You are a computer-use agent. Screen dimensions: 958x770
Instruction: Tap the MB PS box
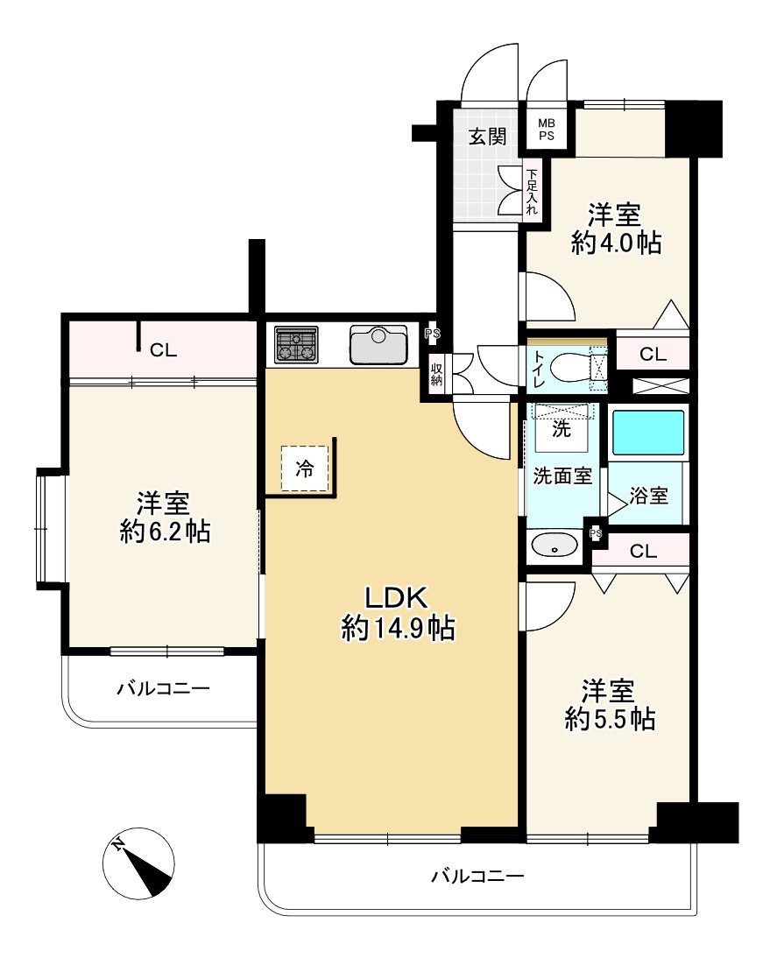point(546,130)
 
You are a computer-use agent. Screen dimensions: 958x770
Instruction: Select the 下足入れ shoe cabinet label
point(532,193)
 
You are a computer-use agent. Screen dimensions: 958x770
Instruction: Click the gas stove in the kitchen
point(296,345)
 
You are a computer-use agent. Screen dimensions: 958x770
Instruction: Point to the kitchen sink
point(378,344)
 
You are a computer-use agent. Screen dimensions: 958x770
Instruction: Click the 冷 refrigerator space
point(304,468)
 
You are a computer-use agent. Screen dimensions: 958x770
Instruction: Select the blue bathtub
point(648,433)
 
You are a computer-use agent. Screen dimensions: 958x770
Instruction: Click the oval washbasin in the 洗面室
point(555,546)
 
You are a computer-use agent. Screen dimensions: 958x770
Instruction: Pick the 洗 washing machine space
point(560,427)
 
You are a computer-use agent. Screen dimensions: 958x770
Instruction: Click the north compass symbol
point(138,863)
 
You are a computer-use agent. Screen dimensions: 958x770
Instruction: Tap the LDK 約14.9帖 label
point(397,613)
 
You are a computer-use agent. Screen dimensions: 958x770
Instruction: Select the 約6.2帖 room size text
point(165,531)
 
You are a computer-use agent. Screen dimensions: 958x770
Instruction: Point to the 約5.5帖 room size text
point(610,719)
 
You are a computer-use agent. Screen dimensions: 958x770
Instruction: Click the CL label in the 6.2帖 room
point(163,351)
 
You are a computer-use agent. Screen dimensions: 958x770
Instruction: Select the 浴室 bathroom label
point(649,496)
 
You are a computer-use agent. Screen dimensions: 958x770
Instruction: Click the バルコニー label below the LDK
point(477,876)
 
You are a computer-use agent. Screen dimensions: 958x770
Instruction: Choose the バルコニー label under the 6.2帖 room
point(163,688)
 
